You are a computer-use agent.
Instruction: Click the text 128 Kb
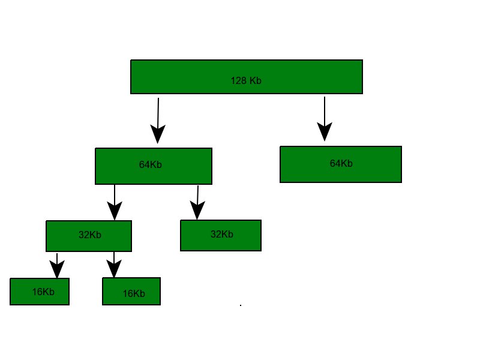pos(246,80)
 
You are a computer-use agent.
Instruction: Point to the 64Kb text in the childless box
pos(341,163)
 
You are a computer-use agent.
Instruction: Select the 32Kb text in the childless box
pos(221,234)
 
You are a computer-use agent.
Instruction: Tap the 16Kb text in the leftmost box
pos(44,292)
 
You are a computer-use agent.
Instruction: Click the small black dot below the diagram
pos(241,305)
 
